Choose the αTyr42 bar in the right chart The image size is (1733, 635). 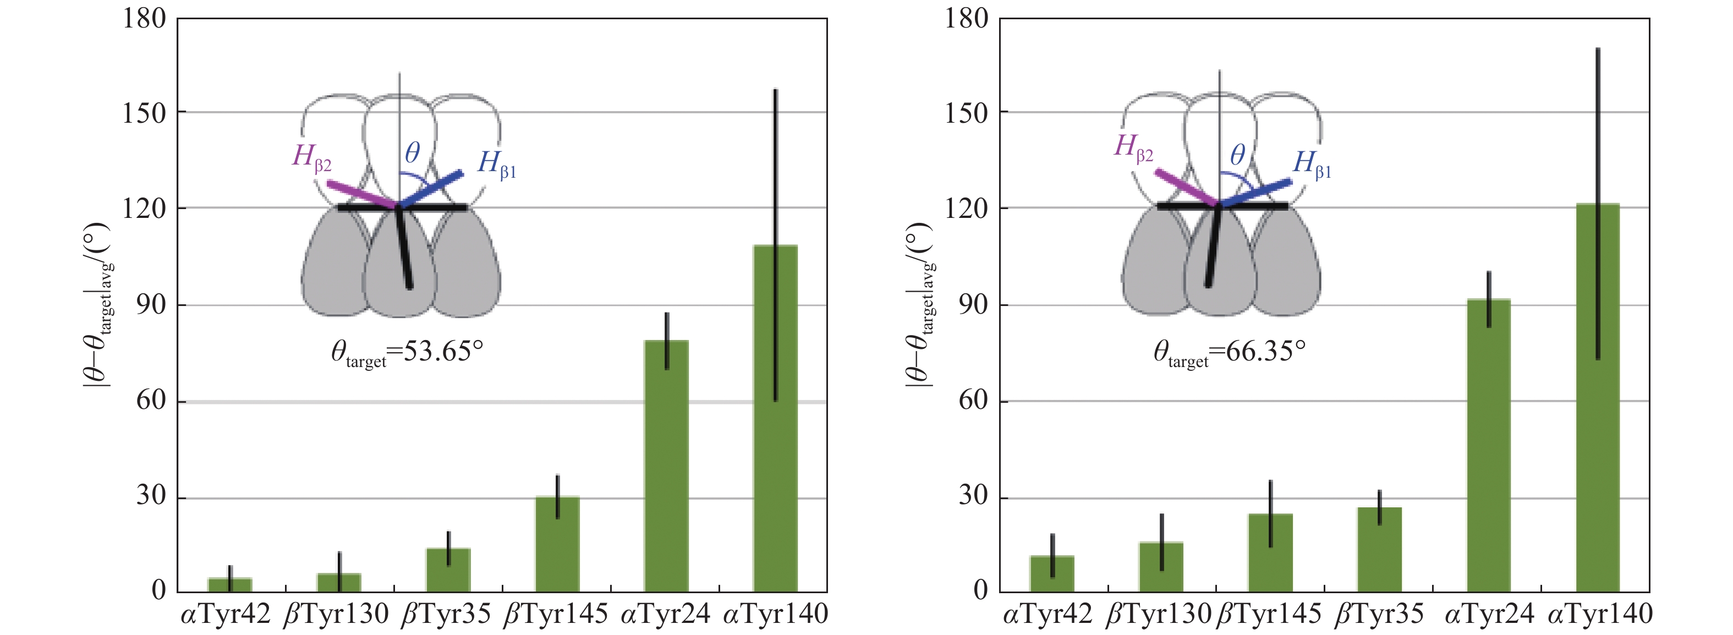click(1051, 574)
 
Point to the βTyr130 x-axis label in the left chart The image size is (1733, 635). click(336, 614)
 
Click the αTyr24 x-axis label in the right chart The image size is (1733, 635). click(1489, 614)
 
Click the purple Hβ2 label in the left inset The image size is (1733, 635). click(311, 157)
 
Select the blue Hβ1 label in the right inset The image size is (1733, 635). click(1311, 164)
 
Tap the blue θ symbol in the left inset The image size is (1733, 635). click(413, 154)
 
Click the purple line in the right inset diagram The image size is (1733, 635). click(1186, 188)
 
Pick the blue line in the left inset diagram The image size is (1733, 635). click(431, 190)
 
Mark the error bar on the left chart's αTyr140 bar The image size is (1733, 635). click(775, 168)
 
